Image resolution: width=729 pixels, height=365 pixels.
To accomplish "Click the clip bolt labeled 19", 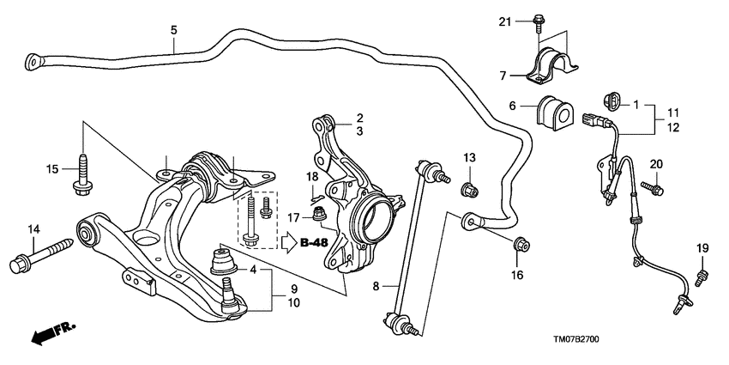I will pyautogui.click(x=702, y=274).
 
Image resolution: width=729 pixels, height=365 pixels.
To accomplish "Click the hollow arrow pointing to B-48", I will pyautogui.click(x=286, y=243).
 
